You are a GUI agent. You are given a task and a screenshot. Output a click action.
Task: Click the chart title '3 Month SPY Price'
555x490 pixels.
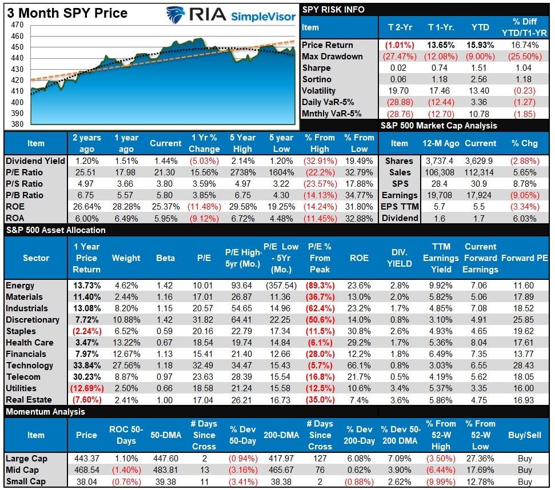[67, 13]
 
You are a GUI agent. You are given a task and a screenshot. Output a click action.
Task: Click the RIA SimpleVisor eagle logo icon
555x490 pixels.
[175, 14]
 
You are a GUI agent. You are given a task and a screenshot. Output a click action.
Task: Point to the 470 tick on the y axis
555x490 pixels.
[17, 25]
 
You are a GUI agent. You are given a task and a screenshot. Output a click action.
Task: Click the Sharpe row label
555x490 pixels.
[317, 68]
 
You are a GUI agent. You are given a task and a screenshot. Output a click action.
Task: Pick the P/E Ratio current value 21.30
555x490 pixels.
[165, 172]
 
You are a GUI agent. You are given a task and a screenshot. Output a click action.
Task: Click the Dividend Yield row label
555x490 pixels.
[35, 161]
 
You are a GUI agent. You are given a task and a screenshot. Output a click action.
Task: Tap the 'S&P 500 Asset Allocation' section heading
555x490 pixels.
[55, 230]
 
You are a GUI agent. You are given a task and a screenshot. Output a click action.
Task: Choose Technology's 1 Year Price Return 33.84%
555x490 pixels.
[87, 366]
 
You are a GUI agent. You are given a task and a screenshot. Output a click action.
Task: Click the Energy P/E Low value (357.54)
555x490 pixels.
[282, 286]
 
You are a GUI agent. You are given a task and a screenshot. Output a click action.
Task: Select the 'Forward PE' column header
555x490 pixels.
[524, 258]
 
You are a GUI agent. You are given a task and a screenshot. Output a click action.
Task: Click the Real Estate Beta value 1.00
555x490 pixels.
[165, 400]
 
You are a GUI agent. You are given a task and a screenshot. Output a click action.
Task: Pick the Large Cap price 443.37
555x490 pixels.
[86, 459]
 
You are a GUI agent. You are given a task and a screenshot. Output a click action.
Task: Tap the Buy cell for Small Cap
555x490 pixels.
[524, 481]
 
